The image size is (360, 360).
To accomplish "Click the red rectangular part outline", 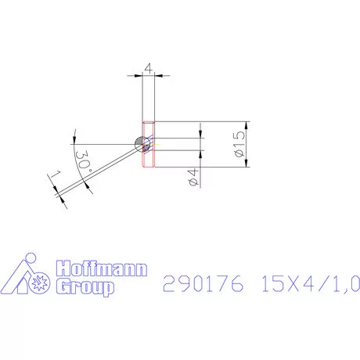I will point(149,145).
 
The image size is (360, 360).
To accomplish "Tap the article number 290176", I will point(200,283).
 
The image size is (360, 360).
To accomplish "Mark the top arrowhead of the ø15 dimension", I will point(247,126).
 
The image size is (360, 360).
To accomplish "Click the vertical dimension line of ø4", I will point(200,157).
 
